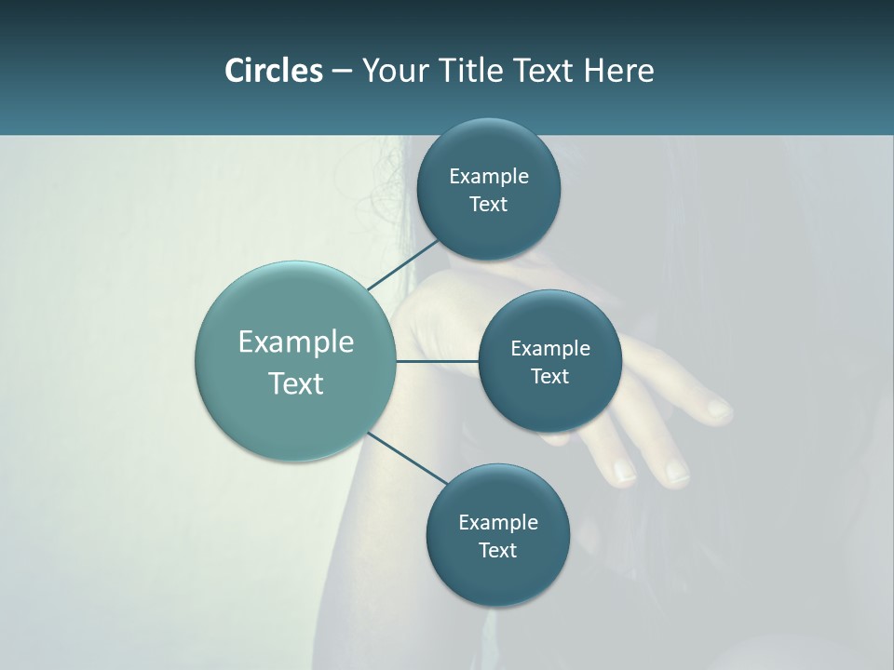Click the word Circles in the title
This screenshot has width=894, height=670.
[x=273, y=71]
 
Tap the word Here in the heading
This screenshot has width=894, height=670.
[x=618, y=71]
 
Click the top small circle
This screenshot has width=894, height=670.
[x=488, y=149]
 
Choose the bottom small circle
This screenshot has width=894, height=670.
[x=497, y=577]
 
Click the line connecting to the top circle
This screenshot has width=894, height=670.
[x=403, y=264]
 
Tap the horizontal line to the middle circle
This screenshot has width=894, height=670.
[x=437, y=361]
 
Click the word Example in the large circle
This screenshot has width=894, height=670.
[x=296, y=342]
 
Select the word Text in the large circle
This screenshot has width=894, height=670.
[x=296, y=383]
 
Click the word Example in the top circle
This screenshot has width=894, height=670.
[x=489, y=176]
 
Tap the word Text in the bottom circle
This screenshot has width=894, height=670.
[x=497, y=550]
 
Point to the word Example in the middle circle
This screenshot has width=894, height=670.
[x=550, y=348]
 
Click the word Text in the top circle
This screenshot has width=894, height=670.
[x=488, y=204]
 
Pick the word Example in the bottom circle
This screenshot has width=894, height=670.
[x=498, y=522]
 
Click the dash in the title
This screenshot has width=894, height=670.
[x=342, y=71]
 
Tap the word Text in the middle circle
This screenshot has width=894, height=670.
[x=549, y=376]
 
